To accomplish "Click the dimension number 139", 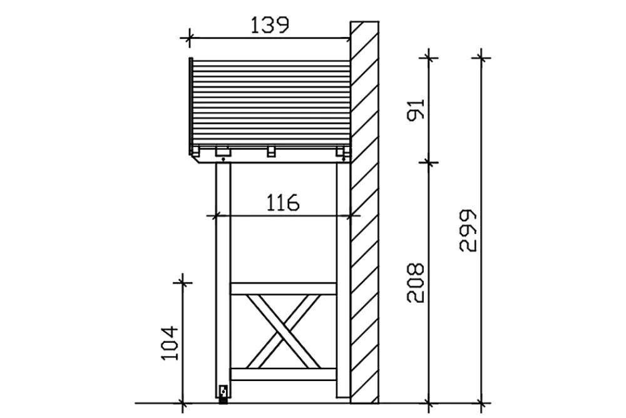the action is (269, 25).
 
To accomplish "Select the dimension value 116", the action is (283, 203).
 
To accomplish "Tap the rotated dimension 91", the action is (416, 109).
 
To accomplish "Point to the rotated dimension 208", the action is (415, 283).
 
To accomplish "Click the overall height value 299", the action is (468, 230).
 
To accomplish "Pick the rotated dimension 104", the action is (169, 343).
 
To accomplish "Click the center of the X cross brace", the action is (284, 332).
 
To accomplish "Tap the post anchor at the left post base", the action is (223, 393).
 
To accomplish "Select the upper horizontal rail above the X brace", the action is (284, 288).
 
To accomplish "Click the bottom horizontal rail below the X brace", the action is (284, 374).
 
